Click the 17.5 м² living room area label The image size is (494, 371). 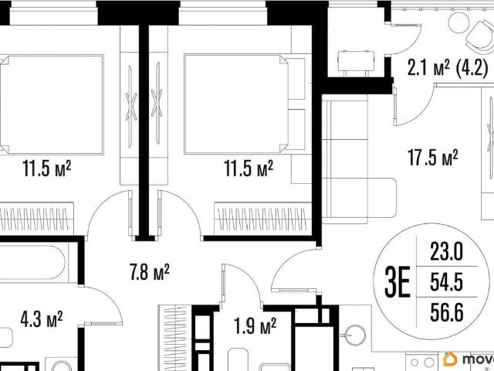(x=433, y=158)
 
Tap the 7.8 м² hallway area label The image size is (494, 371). (x=149, y=272)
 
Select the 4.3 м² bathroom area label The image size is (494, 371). (x=41, y=319)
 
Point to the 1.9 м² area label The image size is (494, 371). (x=255, y=325)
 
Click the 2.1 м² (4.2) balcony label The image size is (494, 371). (x=448, y=68)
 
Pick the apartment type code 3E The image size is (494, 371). (x=398, y=281)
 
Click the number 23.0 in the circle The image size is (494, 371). (x=447, y=251)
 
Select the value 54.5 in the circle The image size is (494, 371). (x=447, y=281)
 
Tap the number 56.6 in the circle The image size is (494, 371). (x=447, y=312)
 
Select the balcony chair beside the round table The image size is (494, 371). (x=481, y=35)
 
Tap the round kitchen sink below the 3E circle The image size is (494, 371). (x=355, y=335)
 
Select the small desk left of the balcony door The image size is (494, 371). (x=356, y=61)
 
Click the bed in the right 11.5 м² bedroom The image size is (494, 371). (x=245, y=104)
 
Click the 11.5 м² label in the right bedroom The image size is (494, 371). (x=249, y=168)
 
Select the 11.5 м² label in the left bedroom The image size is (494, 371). (x=46, y=168)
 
